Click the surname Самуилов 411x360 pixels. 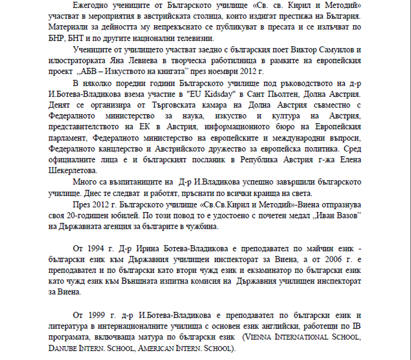click(339, 50)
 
